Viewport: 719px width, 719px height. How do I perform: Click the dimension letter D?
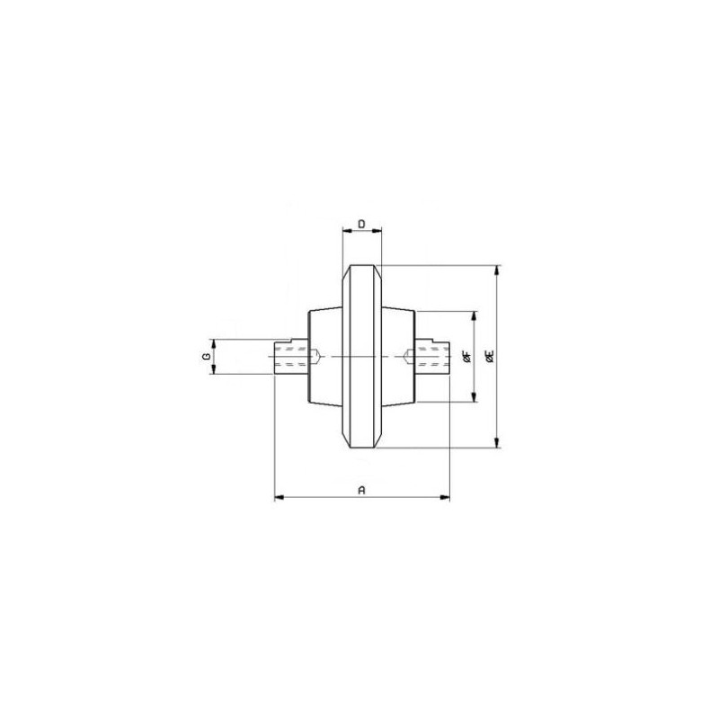point(361,224)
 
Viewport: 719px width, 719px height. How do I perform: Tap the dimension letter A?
point(361,490)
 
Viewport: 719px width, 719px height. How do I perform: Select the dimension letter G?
point(207,356)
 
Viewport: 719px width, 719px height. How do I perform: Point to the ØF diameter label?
point(467,356)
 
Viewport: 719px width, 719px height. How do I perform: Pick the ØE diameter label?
point(490,356)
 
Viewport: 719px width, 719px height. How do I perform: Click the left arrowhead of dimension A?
point(280,497)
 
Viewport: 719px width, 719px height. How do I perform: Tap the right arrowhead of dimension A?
point(445,497)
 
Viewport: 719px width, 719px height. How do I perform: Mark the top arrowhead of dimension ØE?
point(497,271)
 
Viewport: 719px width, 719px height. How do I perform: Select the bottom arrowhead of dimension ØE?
point(497,442)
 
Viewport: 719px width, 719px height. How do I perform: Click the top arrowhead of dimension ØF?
point(475,317)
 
